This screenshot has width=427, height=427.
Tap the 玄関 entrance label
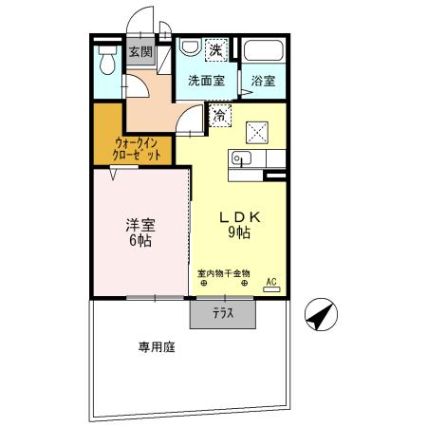pos(140,52)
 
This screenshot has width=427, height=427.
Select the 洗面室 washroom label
pos(206,81)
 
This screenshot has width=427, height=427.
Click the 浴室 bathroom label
pos(263,82)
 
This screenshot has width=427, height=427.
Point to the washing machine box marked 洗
pos(215,49)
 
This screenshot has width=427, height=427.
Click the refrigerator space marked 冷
pos(219,116)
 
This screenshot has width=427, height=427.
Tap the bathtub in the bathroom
pos(263,52)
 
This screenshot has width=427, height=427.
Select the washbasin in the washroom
pos(189,47)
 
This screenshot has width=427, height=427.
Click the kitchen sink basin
pos(239,158)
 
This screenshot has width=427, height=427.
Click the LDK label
pos(239,215)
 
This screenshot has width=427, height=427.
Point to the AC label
pos(270,282)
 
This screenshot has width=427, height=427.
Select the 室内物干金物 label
pos(223,273)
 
